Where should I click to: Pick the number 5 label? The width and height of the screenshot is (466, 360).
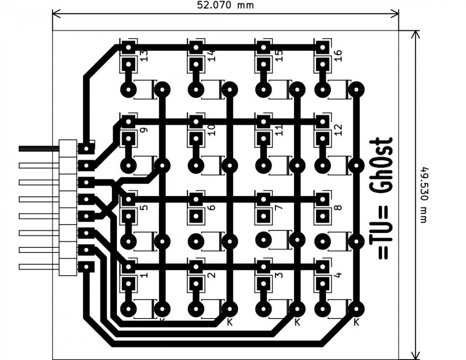tap(144, 205)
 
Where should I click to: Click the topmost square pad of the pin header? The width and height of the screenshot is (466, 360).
tap(86, 149)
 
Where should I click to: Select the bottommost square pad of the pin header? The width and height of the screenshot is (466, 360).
tap(86, 267)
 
